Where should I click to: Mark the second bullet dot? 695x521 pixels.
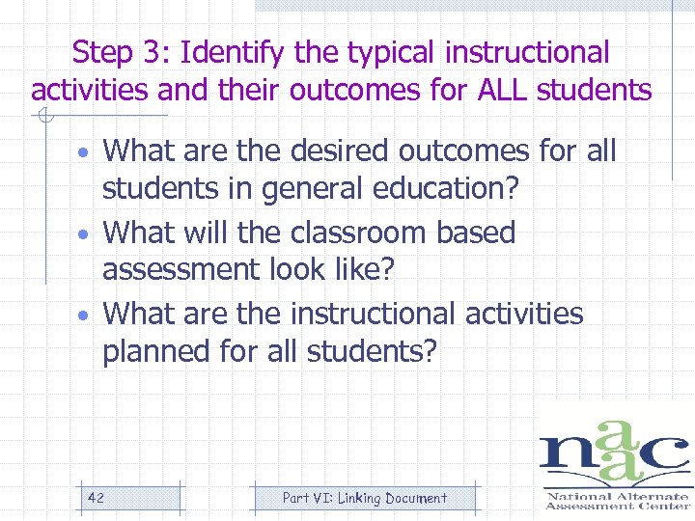(85, 235)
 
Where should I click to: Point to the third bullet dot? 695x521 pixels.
(85, 316)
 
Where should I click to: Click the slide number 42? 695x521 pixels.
(96, 498)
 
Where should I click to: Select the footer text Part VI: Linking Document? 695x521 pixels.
(364, 498)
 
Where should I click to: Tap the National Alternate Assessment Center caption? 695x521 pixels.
(618, 500)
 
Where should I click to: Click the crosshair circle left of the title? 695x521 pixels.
(42, 119)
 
